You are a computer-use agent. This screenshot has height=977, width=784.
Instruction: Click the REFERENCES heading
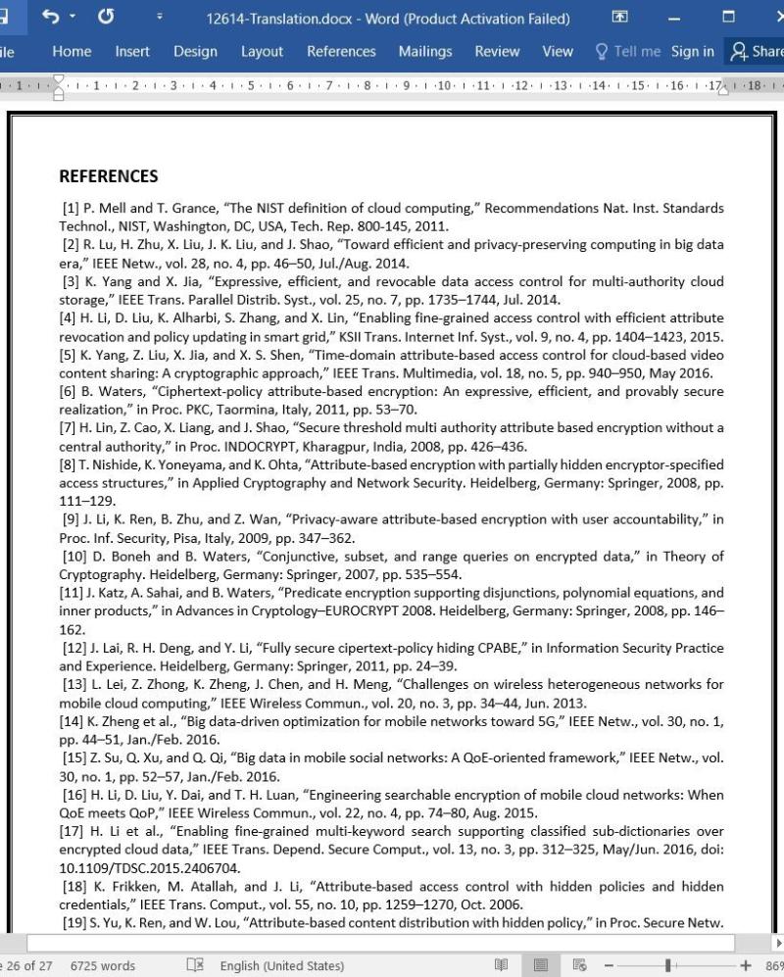108,176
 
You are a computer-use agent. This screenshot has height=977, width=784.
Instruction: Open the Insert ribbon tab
132,52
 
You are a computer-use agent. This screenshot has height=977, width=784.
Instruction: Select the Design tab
195,52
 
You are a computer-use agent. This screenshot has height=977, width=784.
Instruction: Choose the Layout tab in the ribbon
262,52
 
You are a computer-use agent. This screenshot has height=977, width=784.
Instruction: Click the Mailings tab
425,52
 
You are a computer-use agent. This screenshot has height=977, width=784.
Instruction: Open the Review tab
497,52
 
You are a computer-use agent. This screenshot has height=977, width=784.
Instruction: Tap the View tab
558,52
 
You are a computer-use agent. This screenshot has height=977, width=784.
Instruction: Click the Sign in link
692,52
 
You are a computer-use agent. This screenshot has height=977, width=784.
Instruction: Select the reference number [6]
70,391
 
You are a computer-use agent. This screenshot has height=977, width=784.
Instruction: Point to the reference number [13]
74,685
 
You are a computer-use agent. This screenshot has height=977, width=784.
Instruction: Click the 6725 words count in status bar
103,965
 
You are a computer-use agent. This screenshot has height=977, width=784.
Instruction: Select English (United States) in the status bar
281,965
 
